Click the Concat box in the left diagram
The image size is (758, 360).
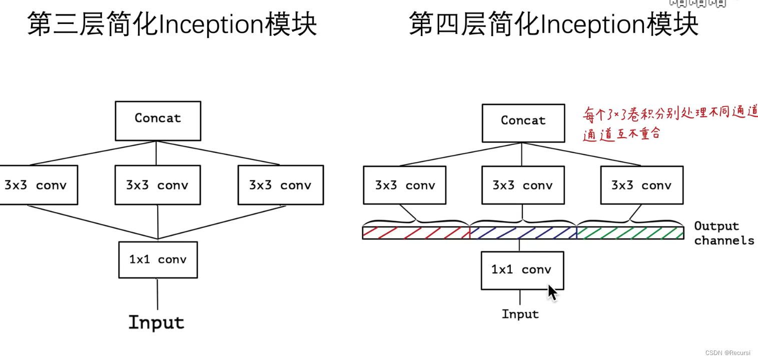click(158, 120)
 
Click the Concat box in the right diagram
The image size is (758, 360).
click(523, 123)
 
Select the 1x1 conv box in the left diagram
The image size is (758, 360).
click(158, 259)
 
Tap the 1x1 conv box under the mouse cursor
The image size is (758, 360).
click(522, 270)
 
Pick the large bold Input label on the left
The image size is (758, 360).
click(157, 322)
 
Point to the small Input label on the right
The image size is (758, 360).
click(520, 314)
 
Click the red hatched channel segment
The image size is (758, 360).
click(416, 233)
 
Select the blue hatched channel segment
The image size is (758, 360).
click(523, 233)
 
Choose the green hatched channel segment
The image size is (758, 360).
click(630, 233)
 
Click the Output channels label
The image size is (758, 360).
click(723, 233)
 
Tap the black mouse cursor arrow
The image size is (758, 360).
click(552, 292)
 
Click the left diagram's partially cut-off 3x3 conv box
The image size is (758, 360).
click(38, 185)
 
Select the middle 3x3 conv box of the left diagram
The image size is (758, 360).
click(158, 185)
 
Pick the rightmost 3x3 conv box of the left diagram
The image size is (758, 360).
click(281, 185)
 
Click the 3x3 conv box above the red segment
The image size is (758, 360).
click(404, 185)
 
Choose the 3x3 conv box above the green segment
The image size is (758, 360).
click(641, 185)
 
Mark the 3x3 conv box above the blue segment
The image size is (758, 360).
click(523, 185)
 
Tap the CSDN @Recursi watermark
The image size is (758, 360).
click(727, 353)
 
